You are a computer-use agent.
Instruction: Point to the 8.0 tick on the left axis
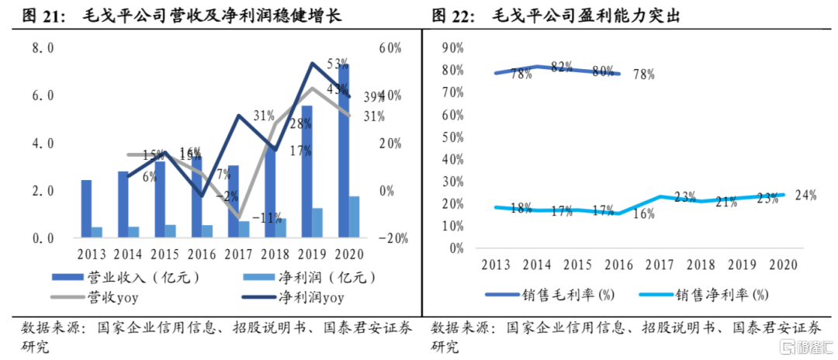click(43, 48)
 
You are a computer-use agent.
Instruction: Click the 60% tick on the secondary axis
click(390, 48)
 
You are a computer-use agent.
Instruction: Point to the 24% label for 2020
click(805, 196)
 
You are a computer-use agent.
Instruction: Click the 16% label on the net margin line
click(644, 214)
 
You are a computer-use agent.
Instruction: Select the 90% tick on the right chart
click(451, 48)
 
